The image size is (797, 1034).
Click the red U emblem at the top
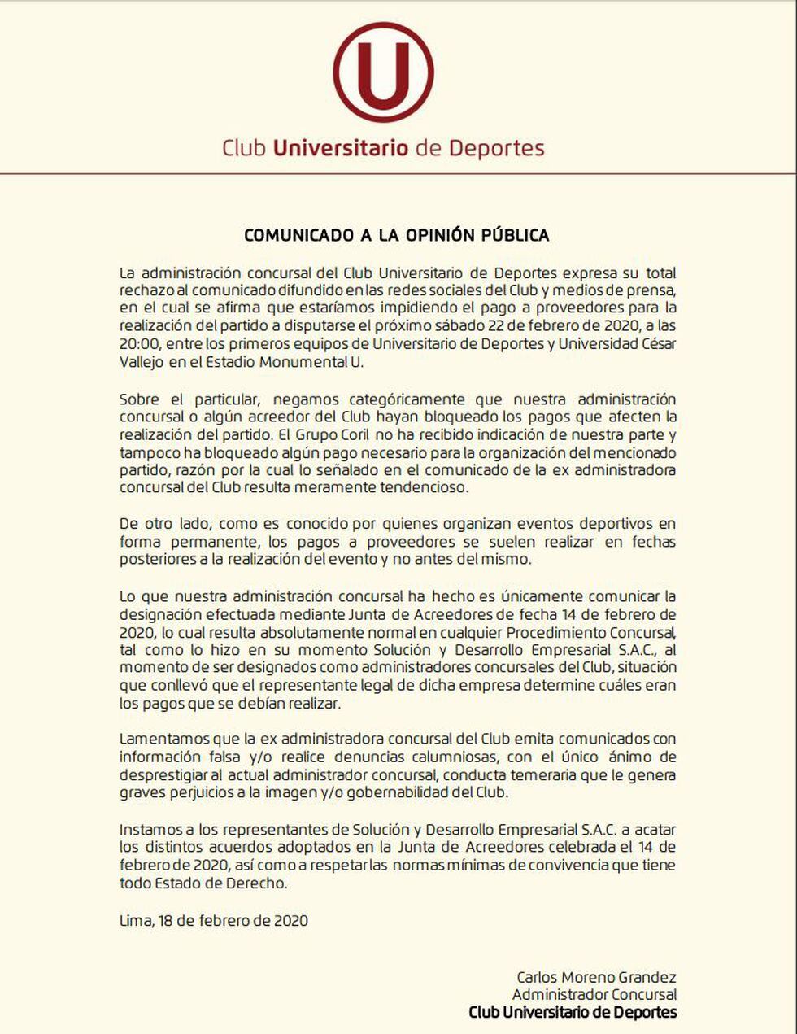(382, 73)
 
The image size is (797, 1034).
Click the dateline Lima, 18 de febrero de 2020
(213, 920)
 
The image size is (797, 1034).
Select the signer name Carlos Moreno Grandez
(596, 977)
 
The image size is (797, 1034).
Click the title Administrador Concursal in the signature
(594, 994)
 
